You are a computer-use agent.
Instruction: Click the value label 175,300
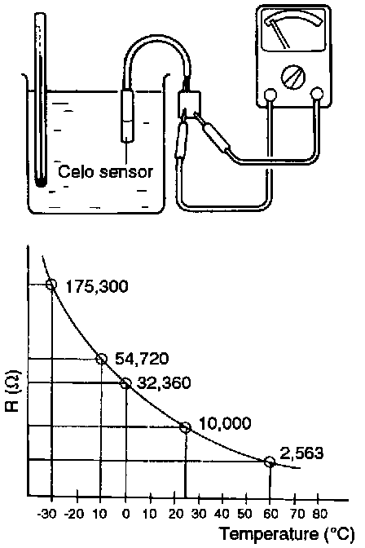[x=97, y=286]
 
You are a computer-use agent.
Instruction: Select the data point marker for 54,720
[x=101, y=359]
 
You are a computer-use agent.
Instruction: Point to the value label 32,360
[x=164, y=383]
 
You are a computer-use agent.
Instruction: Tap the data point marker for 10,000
[x=185, y=426]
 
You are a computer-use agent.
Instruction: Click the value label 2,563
[x=301, y=453]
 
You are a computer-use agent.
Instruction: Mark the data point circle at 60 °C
[x=270, y=462]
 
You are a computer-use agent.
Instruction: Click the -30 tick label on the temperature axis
[x=46, y=514]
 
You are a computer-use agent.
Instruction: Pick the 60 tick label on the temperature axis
[x=270, y=514]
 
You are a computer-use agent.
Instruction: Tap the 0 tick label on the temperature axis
[x=126, y=514]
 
